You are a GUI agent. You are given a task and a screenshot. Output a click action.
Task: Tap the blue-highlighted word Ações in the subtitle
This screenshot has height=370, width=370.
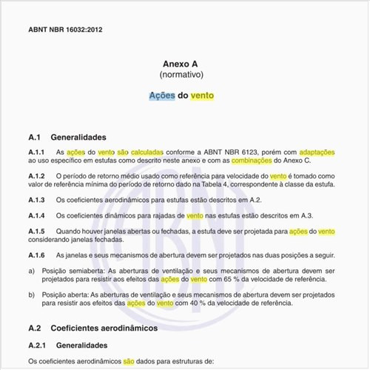162,96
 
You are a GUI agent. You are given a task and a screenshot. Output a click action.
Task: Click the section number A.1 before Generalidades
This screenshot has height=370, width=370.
35,137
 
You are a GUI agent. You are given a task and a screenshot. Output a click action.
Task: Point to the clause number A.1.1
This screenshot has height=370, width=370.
37,152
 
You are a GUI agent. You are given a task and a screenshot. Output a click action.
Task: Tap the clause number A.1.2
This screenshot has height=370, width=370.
37,176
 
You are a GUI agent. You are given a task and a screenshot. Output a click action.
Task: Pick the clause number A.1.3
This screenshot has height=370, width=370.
37,200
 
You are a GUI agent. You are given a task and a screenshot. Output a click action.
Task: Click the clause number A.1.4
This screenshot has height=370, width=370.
37,215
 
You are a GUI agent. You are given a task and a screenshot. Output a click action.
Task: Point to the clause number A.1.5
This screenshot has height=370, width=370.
37,232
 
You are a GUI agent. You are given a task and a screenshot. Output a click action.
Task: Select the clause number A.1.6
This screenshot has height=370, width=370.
37,255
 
